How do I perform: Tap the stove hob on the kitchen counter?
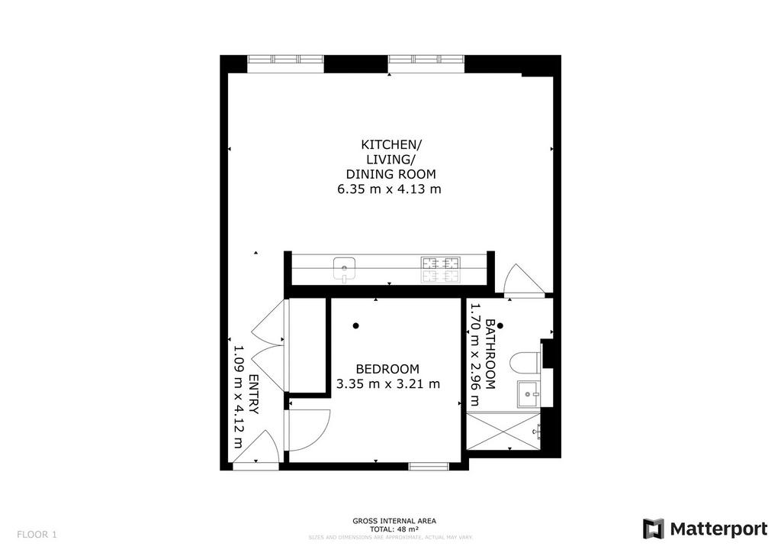(441, 270)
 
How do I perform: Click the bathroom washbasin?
(529, 394)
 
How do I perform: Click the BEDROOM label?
(387, 369)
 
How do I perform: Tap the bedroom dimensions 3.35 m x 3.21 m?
(388, 384)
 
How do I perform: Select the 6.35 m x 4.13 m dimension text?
(390, 189)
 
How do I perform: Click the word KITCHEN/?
(391, 144)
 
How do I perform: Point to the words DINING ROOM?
(391, 174)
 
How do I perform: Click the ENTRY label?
(253, 394)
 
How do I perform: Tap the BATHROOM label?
(490, 354)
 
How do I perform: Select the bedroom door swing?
(310, 430)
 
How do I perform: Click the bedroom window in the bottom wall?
(429, 467)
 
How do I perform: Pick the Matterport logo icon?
(654, 529)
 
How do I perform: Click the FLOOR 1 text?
(37, 535)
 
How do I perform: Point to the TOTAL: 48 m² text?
(394, 529)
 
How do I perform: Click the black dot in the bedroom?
(355, 326)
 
